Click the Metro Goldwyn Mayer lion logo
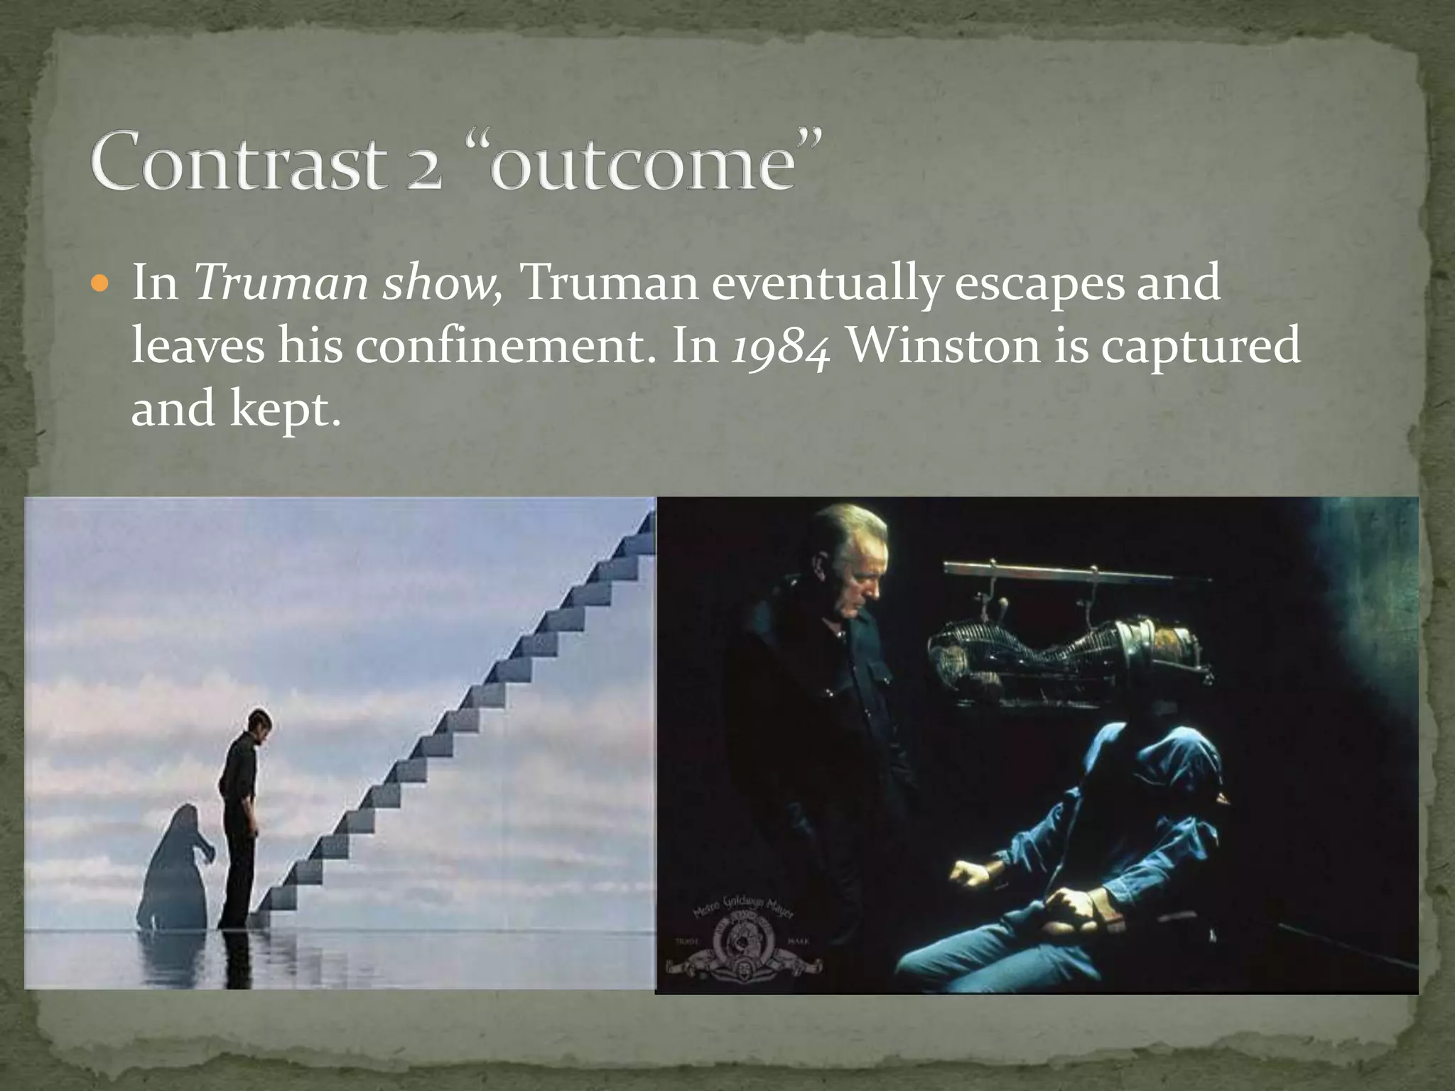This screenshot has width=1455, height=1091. (x=743, y=938)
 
